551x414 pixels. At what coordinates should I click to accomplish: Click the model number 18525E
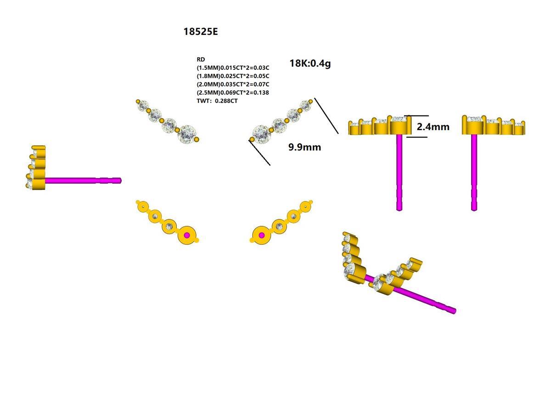tap(201, 32)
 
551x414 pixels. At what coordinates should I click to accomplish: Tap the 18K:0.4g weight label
tap(310, 63)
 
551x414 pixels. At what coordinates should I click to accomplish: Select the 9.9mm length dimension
tap(304, 147)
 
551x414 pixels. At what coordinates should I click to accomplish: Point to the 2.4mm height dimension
tap(433, 126)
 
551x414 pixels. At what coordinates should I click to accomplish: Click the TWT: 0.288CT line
tap(217, 101)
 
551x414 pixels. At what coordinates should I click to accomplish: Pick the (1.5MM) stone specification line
tap(233, 68)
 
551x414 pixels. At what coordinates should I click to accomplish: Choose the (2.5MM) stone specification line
tap(233, 92)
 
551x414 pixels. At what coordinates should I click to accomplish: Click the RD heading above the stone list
tap(201, 59)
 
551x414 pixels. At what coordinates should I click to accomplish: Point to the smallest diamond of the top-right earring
tap(304, 105)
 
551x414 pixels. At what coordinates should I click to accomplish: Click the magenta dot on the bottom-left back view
tap(186, 236)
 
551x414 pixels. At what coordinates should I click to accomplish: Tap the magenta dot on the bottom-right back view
tap(262, 236)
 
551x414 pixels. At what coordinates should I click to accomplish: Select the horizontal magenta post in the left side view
tap(83, 181)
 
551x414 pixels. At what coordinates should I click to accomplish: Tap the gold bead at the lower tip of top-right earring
tap(252, 139)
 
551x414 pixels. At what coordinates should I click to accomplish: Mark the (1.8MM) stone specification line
tap(233, 76)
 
